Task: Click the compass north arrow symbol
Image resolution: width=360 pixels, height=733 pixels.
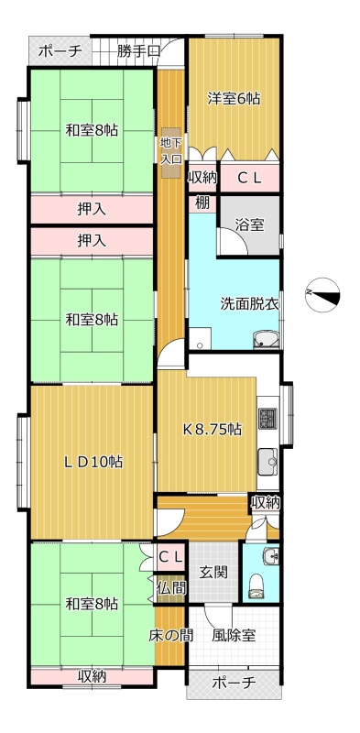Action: [322, 294]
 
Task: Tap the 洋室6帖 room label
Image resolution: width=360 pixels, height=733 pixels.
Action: [234, 99]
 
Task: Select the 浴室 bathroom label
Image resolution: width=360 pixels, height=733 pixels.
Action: [250, 224]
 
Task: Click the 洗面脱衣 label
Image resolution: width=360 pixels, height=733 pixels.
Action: [250, 304]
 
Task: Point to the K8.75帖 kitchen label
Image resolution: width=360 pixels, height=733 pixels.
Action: [212, 429]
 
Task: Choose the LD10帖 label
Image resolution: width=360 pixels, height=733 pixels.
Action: [93, 462]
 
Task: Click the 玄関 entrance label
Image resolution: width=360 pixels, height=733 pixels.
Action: [213, 572]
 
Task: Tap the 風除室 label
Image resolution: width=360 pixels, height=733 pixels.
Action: [234, 635]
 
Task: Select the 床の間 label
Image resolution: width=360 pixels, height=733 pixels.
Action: [171, 635]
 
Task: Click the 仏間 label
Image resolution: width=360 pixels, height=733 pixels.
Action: [171, 587]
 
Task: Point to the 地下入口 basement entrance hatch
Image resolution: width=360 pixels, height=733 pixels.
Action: [170, 152]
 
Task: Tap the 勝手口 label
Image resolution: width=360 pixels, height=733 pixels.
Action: [138, 50]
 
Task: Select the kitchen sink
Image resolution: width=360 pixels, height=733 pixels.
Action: [267, 461]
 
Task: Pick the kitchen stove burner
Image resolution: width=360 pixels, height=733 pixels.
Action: [267, 420]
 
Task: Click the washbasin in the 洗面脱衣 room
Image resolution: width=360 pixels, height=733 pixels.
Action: [266, 340]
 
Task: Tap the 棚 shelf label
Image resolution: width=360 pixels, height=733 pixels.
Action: [202, 203]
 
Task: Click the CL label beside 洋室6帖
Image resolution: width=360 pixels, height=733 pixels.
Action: [250, 178]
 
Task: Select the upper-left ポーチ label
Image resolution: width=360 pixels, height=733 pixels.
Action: [60, 50]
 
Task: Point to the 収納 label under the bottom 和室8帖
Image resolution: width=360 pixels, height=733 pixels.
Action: [92, 676]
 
